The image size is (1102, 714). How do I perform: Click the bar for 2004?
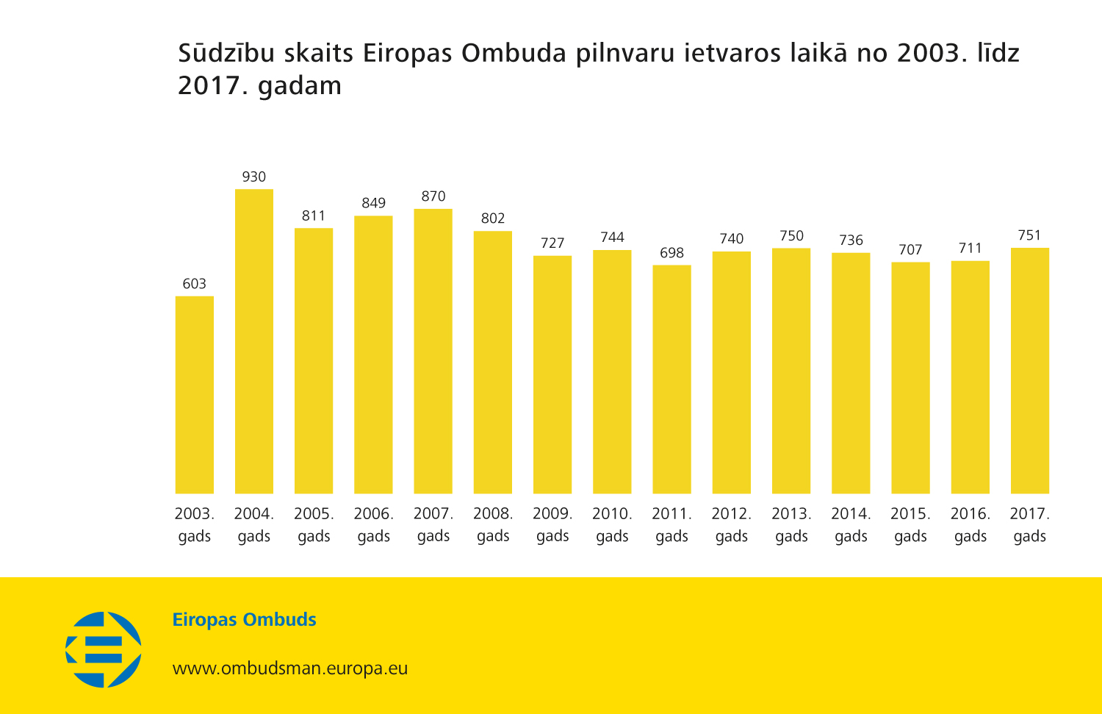tap(254, 341)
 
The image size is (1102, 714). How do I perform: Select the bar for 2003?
tap(195, 395)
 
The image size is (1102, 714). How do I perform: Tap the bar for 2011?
tap(671, 379)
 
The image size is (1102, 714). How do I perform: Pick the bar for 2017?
tap(1030, 371)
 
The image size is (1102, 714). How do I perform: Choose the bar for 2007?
tap(433, 351)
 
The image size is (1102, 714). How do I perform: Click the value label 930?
tap(254, 177)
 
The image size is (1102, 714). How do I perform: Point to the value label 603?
tap(195, 284)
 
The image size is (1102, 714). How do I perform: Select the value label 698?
tap(671, 253)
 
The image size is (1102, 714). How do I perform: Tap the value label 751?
tap(1029, 235)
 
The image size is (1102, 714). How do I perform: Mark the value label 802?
tap(493, 218)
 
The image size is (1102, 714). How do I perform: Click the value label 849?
tap(373, 203)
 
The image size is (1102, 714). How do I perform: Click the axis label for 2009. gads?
tap(552, 525)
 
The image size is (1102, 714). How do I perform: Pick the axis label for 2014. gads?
tap(851, 525)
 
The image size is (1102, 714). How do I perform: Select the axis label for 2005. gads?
tap(314, 525)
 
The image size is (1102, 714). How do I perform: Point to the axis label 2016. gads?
tap(970, 525)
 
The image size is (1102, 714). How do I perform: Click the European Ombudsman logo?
tap(104, 649)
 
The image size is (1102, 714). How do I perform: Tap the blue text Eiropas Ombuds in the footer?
tap(244, 620)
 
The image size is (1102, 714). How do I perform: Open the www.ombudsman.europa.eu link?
tap(290, 668)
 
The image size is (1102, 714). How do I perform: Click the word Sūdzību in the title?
tap(226, 54)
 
